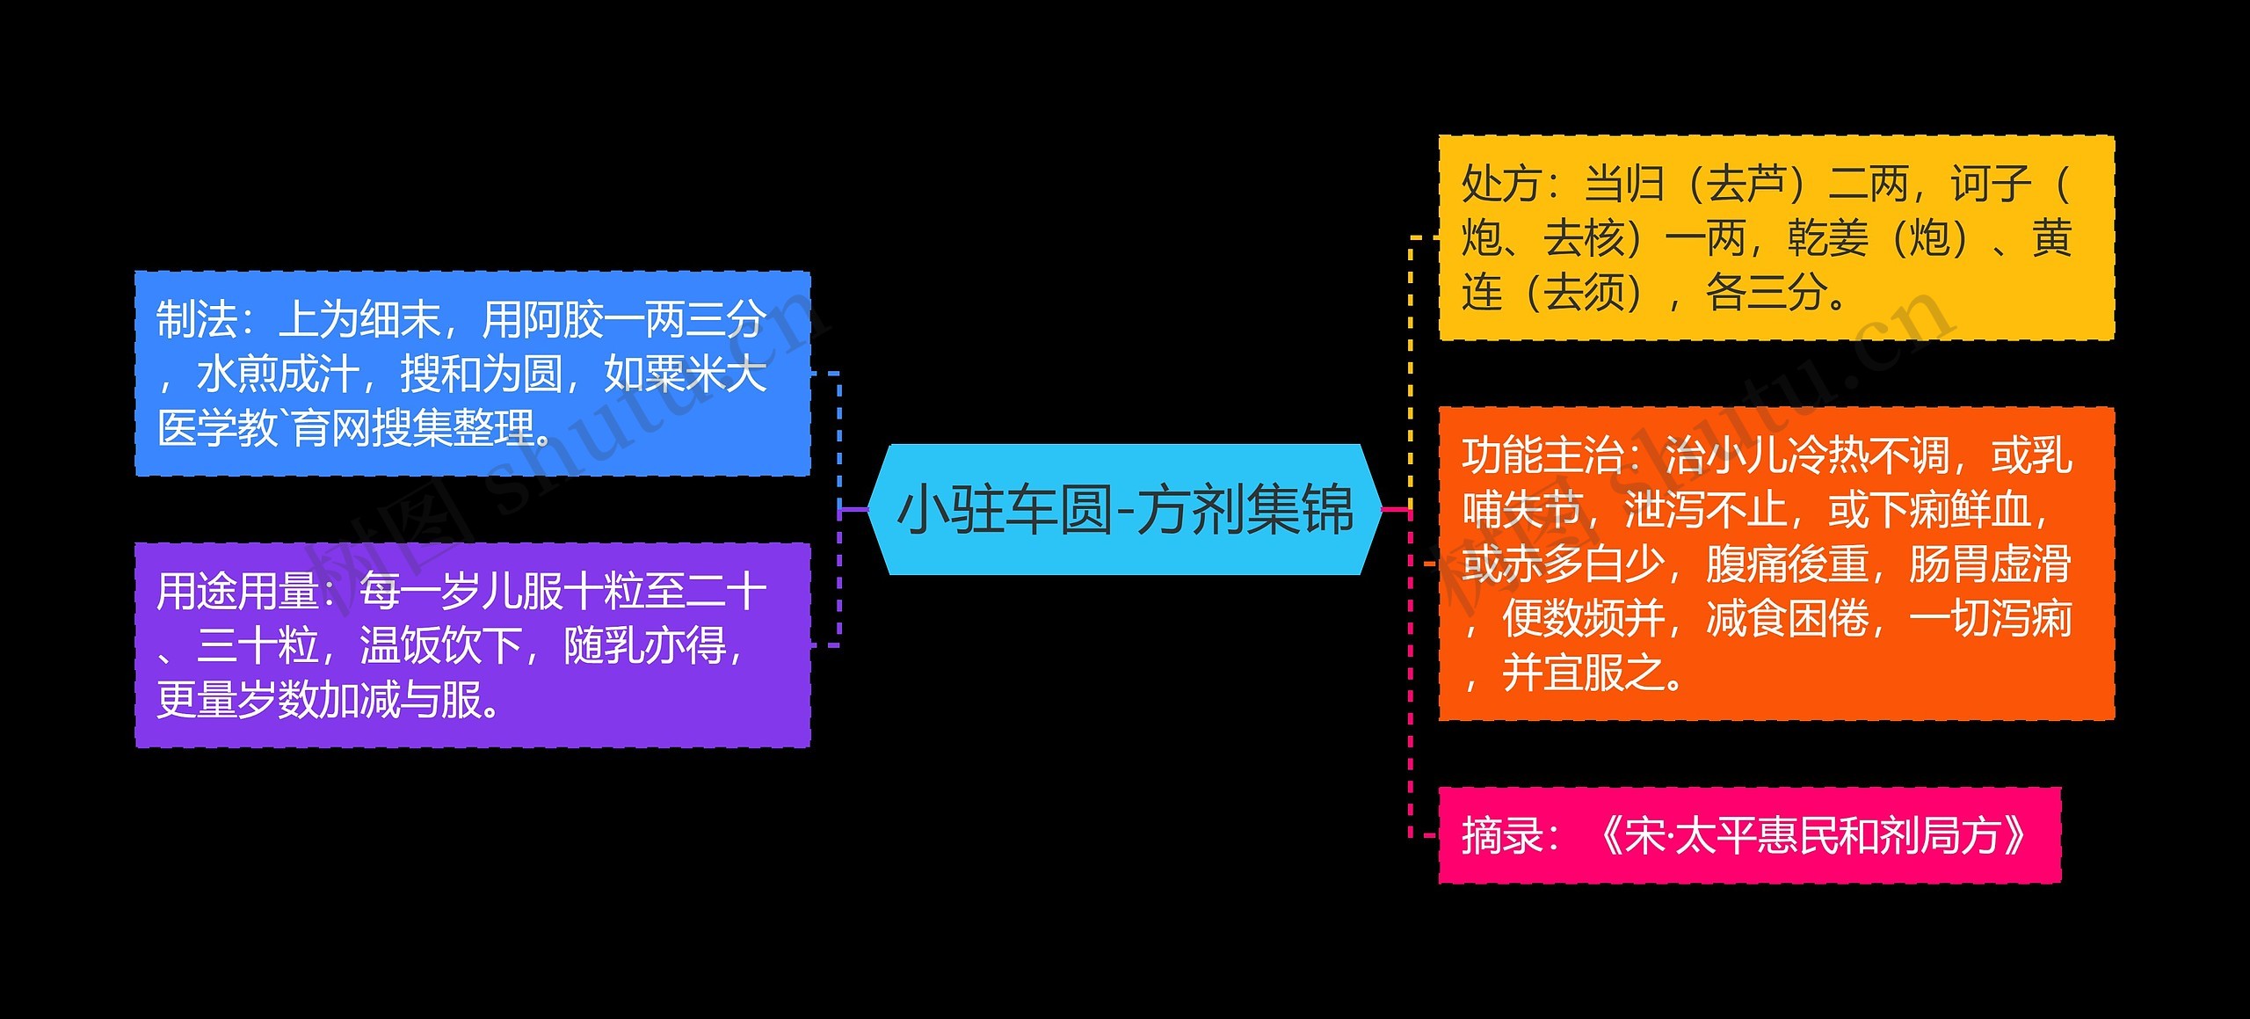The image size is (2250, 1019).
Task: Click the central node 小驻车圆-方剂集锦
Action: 1124,510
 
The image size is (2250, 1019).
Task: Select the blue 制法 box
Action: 472,374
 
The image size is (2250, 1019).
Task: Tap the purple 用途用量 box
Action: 472,645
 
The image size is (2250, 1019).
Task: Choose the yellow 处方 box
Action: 1775,237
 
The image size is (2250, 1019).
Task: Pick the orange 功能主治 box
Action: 1775,564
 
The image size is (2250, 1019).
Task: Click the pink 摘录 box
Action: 1749,835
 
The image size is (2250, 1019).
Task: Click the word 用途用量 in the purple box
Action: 237,592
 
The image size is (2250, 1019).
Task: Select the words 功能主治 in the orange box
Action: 1542,456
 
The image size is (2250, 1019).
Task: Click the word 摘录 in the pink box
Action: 1501,836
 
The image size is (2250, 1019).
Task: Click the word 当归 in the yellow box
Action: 1624,185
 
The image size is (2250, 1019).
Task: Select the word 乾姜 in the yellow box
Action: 1828,238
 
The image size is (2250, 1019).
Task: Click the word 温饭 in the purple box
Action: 400,646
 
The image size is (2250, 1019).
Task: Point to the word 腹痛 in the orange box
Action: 1746,564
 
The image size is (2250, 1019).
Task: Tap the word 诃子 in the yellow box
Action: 1991,185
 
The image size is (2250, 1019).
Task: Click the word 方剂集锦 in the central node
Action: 1244,510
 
